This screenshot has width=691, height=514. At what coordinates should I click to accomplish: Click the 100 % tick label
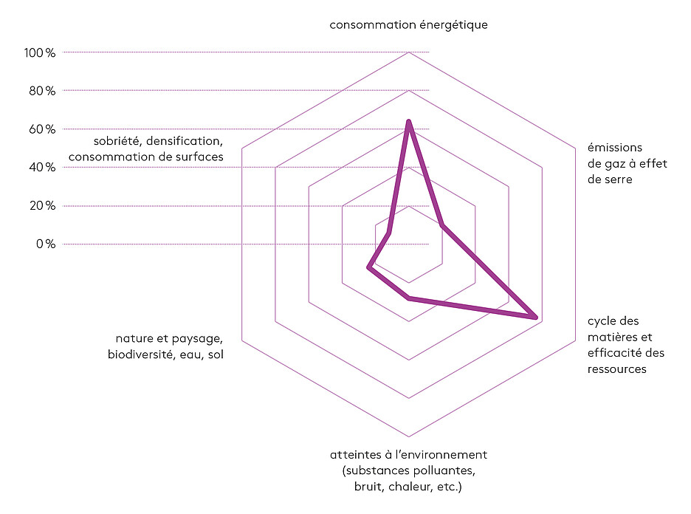[x=40, y=53]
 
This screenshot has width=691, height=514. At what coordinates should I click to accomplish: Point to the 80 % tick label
[x=42, y=91]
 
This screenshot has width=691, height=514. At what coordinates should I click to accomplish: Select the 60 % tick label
[x=42, y=129]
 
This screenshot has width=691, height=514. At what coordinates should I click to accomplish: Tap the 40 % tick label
[x=42, y=167]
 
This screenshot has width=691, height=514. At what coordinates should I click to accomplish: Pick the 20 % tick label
[x=42, y=205]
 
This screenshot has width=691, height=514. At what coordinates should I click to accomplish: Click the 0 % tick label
[x=46, y=244]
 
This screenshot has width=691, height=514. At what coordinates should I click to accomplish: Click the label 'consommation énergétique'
[x=408, y=24]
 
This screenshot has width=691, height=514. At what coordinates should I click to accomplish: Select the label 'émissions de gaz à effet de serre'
[x=627, y=163]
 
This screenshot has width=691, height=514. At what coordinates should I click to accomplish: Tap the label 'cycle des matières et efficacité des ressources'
[x=626, y=345]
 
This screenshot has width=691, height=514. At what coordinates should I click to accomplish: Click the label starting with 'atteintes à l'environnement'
[x=408, y=470]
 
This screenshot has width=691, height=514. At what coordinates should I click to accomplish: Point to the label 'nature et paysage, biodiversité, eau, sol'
[x=165, y=346]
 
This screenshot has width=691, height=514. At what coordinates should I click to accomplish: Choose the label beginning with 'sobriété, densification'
[x=146, y=148]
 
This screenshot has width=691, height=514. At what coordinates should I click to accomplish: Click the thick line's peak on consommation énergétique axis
[x=409, y=122]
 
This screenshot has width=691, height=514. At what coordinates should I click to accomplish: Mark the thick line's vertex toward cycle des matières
[x=535, y=317]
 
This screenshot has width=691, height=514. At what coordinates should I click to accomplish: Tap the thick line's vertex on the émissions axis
[x=442, y=225]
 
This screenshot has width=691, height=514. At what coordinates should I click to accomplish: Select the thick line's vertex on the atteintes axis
[x=409, y=298]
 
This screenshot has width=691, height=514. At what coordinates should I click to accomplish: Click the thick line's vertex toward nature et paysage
[x=369, y=267]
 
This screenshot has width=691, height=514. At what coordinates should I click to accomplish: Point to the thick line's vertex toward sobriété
[x=388, y=233]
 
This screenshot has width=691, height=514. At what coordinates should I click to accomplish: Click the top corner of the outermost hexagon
[x=409, y=52]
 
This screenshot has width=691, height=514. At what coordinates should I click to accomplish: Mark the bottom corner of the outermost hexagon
[x=409, y=436]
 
